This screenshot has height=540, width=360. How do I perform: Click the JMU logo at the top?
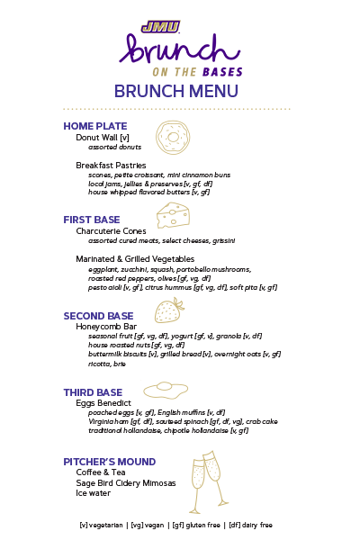[x=160, y=27]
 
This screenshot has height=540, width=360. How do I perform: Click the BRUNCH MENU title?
[x=176, y=91]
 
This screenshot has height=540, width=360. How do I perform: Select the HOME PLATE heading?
[x=94, y=126]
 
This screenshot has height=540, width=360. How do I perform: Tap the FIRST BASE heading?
[x=91, y=220]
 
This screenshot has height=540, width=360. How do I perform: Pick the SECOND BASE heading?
[x=98, y=316]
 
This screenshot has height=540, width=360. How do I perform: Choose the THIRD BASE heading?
[x=92, y=392]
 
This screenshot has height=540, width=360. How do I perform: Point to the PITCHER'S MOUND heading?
[x=110, y=462]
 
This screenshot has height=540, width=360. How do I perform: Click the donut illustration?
[x=173, y=136]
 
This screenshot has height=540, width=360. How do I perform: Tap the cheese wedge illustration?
[x=173, y=214]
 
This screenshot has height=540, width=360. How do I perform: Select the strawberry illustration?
[x=168, y=310]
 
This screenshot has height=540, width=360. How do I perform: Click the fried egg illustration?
[x=166, y=390]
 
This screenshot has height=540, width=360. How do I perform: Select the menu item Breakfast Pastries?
[x=111, y=166]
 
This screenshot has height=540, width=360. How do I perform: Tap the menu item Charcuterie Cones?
[x=111, y=231]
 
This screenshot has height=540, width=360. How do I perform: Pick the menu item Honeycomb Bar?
[x=105, y=327]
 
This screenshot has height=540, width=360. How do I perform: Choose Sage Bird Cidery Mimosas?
[x=125, y=482]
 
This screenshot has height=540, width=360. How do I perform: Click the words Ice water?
[x=94, y=493]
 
